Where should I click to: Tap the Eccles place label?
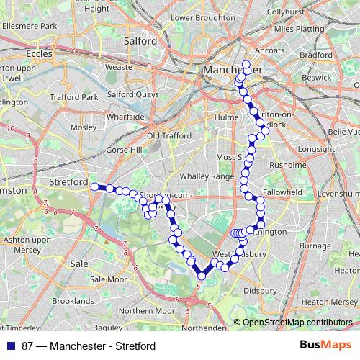pyautogui.click(x=39, y=53)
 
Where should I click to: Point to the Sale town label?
pyautogui.click(x=79, y=264)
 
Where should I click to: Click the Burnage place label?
pyautogui.click(x=313, y=246)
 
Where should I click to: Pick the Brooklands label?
pyautogui.click(x=73, y=300)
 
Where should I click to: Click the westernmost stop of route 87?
pyautogui.click(x=94, y=186)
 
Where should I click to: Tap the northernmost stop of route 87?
pyautogui.click(x=246, y=65)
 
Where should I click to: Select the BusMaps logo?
pyautogui.click(x=325, y=346)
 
